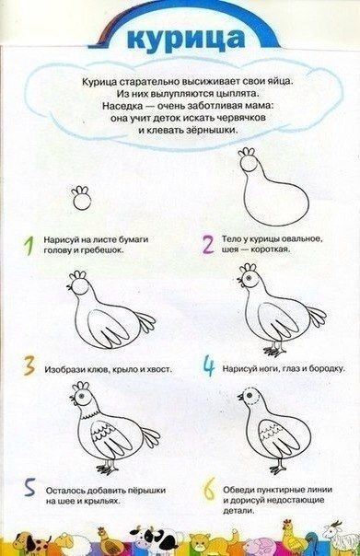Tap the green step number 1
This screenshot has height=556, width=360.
[29, 246]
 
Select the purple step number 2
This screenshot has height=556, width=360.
[208, 244]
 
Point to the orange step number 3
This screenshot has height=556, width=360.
[29, 366]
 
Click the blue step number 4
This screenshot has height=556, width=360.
[209, 366]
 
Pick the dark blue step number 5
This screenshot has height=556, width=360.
[29, 488]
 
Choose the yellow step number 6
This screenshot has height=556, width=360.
[209, 489]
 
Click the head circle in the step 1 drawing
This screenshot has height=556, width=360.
[82, 203]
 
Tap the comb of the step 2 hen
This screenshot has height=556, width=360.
[247, 153]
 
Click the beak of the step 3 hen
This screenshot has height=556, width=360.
[69, 288]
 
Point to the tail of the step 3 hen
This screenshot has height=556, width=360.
[145, 321]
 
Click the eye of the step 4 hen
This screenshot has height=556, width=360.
[249, 277]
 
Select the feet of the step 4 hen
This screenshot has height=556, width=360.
[275, 351]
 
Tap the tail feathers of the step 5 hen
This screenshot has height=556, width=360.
[150, 436]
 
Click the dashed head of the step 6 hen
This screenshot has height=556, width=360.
[252, 396]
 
